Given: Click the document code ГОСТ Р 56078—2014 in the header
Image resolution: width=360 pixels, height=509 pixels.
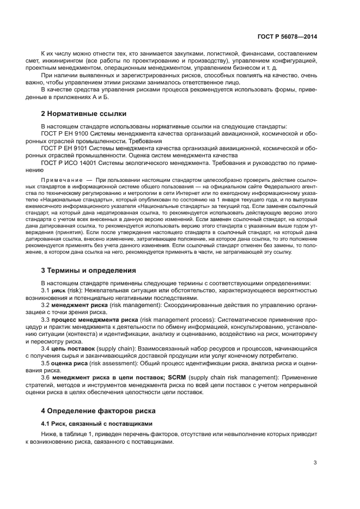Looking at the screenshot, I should point(286,36).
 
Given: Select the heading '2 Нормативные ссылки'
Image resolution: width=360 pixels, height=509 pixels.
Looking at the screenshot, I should point(84,114).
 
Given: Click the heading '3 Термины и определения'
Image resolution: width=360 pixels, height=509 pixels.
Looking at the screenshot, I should point(89,270).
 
